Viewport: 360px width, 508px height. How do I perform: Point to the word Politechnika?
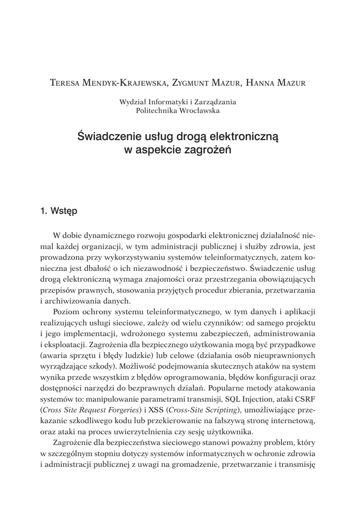tap(158, 111)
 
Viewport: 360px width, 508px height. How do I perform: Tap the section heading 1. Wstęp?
tap(59, 210)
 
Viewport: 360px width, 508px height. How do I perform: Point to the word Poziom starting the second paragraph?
tap(66, 312)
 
